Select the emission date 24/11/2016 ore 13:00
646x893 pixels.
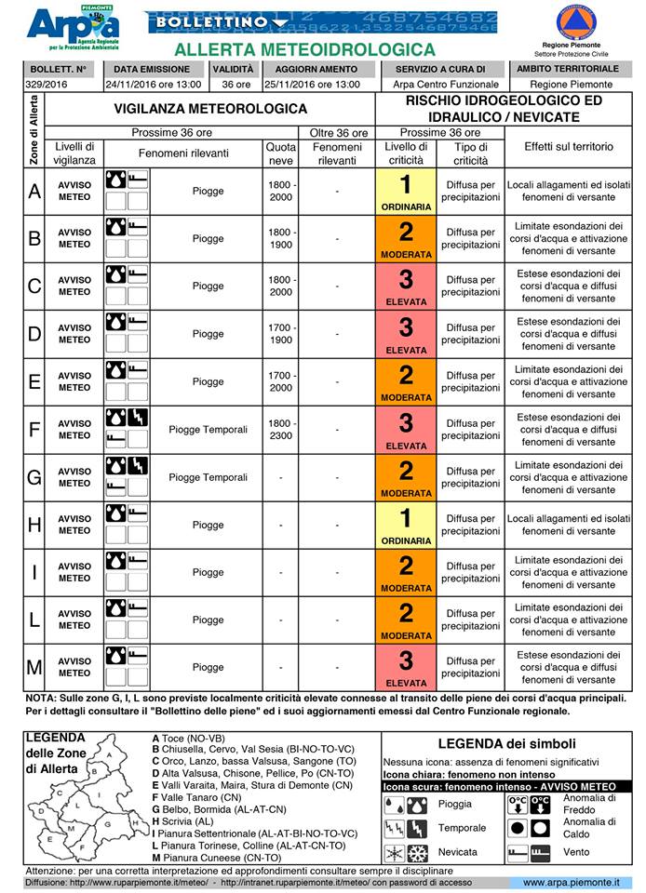click(x=152, y=85)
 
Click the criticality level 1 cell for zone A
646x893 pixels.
click(x=406, y=191)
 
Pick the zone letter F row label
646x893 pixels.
click(x=34, y=430)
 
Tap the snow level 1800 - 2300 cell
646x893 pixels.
click(x=281, y=430)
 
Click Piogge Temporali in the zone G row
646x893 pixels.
click(x=208, y=477)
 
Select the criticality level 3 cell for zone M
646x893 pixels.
click(x=406, y=667)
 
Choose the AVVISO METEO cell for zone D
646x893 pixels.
click(x=74, y=334)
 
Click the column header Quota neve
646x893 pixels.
click(x=281, y=153)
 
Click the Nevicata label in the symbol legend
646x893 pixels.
click(x=458, y=852)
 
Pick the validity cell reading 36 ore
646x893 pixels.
click(x=231, y=85)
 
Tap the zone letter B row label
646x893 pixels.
click(x=34, y=238)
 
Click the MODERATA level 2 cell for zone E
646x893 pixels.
click(x=406, y=381)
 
